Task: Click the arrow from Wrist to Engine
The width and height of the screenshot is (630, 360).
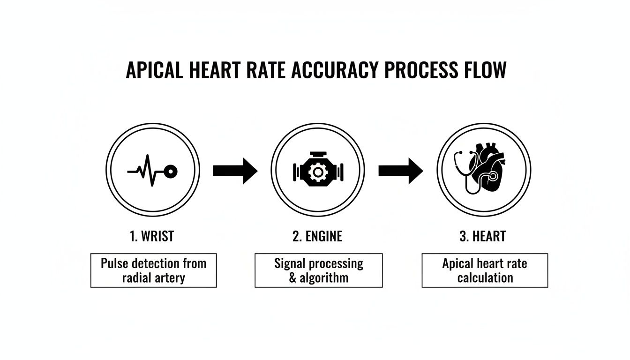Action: point(235,171)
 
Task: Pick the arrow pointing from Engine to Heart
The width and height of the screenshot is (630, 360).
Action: point(401,171)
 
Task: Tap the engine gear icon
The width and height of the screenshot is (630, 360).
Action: point(318,172)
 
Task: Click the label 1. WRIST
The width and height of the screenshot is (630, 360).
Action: point(152,236)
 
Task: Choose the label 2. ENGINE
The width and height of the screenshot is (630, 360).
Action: point(317,236)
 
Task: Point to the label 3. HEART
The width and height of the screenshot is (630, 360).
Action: point(483,236)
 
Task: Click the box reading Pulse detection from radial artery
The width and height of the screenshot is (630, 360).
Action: point(153,270)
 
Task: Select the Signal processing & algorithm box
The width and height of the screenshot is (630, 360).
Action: point(318,270)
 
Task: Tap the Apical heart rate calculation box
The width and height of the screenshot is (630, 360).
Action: point(485,270)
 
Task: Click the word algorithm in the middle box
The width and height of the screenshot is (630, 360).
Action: point(324,278)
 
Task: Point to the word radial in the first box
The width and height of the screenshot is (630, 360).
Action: point(137,278)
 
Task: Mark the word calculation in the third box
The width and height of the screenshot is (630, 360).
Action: point(485,278)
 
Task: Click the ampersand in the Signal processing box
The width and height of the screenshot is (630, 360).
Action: point(293,278)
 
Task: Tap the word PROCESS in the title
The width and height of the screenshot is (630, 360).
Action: point(420,71)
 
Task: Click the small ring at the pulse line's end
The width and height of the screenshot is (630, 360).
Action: point(172,172)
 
